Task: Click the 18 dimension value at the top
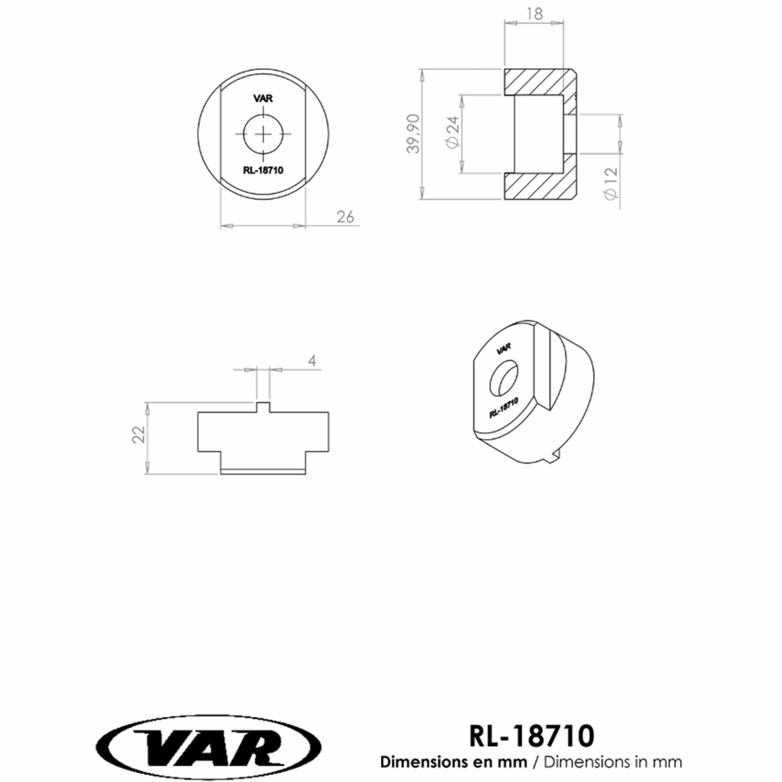click(x=535, y=15)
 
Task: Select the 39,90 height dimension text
click(x=414, y=134)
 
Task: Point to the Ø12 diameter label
click(x=611, y=183)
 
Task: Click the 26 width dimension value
click(x=345, y=217)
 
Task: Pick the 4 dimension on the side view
click(x=312, y=360)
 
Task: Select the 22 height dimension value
click(x=139, y=435)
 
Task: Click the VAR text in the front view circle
click(x=263, y=99)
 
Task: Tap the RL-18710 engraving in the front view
click(x=263, y=170)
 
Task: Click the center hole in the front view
click(x=263, y=134)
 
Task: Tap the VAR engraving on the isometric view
click(x=504, y=348)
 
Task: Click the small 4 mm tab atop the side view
click(x=263, y=407)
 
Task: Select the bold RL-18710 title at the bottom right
click(x=532, y=736)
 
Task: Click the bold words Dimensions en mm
click(x=453, y=762)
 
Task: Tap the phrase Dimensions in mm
click(x=612, y=762)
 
